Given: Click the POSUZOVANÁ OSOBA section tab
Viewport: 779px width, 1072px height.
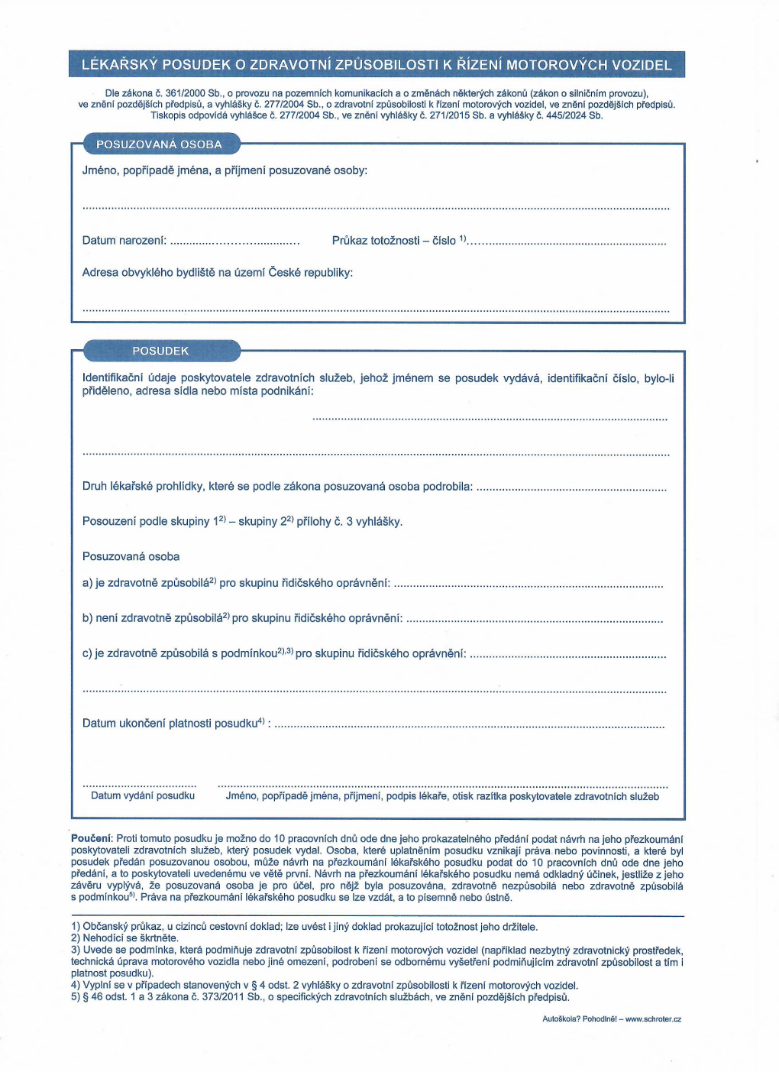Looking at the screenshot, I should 159,144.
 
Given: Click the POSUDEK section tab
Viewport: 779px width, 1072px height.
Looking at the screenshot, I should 160,351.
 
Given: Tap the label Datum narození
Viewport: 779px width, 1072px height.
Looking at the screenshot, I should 124,241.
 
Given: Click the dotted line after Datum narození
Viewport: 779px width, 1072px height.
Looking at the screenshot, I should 234,242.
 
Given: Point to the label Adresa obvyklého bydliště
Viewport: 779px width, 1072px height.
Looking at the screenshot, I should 217,273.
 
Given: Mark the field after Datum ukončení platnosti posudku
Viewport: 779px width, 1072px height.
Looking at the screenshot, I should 469,725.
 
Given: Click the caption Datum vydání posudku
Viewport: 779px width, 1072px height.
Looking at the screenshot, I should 143,796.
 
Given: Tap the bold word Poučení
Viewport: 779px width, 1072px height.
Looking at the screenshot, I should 92,839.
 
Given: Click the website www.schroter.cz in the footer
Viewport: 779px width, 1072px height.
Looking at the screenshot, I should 653,1019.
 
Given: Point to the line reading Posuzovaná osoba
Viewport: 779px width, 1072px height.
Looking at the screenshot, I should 131,557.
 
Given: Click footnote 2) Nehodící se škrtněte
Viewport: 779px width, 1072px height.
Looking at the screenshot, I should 124,938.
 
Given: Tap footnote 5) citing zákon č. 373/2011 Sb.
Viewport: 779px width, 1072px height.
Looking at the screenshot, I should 320,997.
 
